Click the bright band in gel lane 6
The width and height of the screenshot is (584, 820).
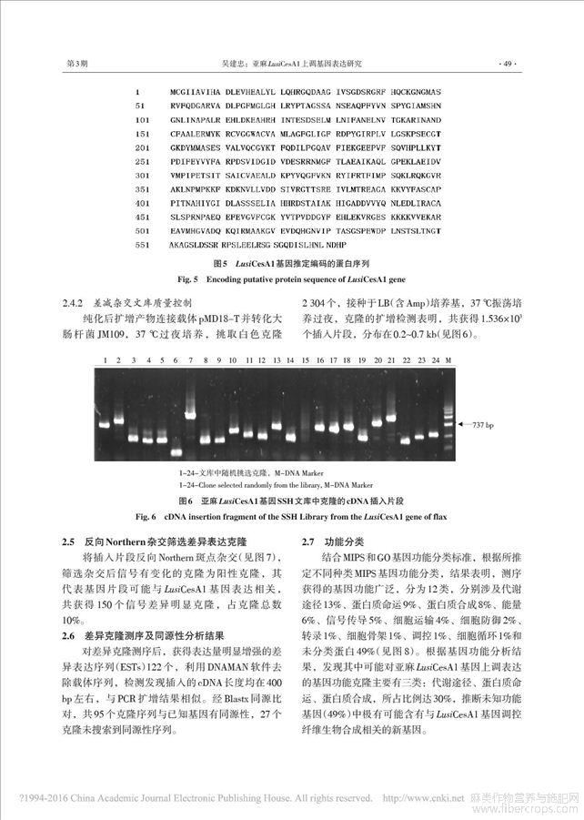coord(176,451)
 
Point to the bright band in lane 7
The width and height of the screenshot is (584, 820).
coord(190,414)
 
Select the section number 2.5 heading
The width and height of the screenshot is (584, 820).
coord(69,541)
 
